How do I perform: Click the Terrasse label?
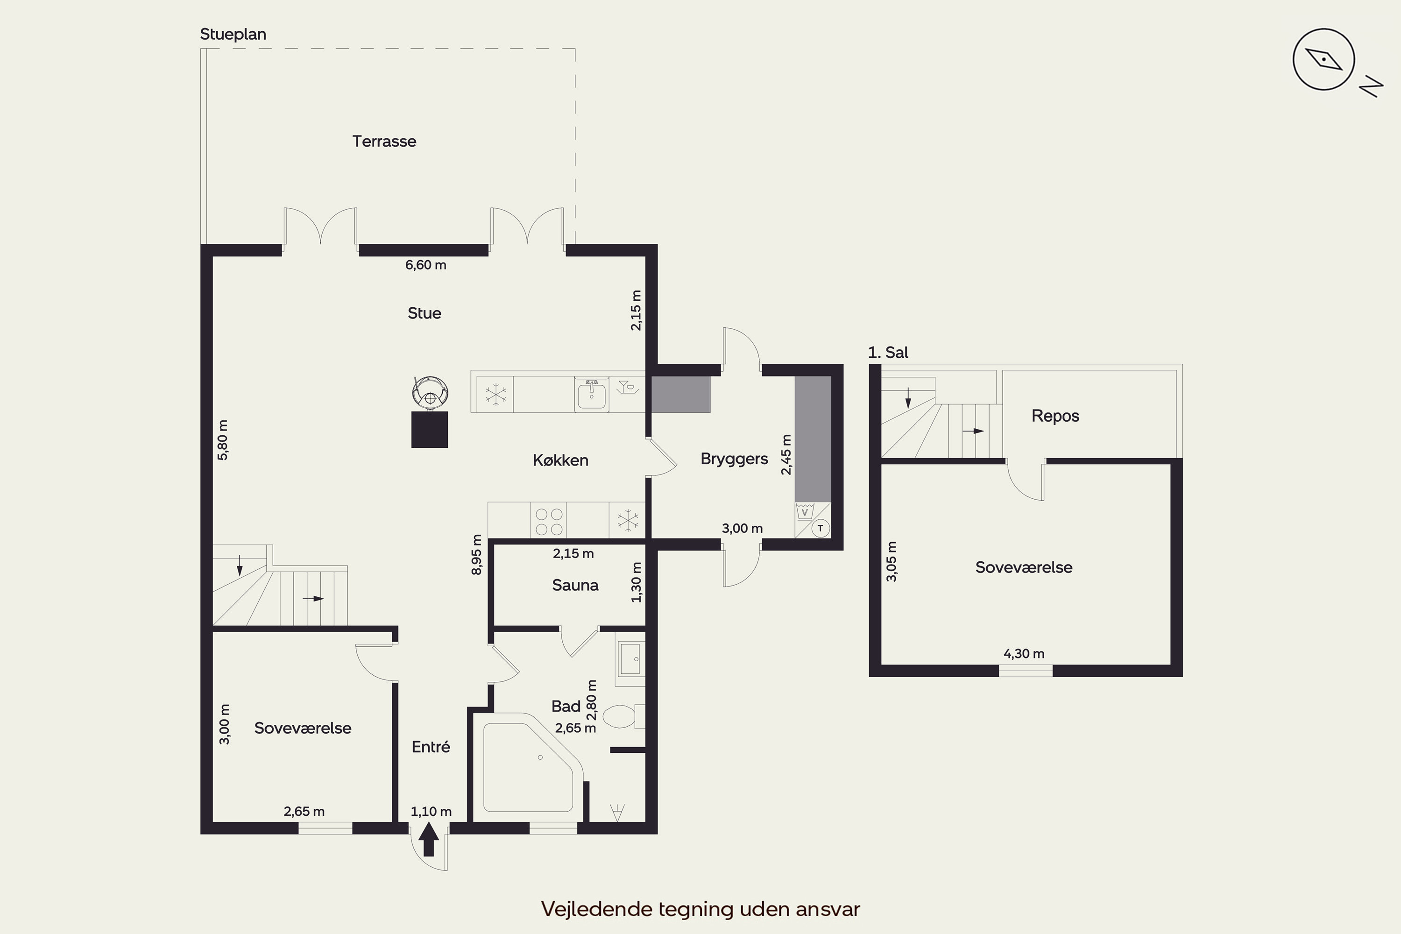pyautogui.click(x=384, y=141)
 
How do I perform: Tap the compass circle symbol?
pyautogui.click(x=1323, y=60)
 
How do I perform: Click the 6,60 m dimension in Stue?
pyautogui.click(x=426, y=265)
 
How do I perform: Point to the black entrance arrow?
pyautogui.click(x=429, y=839)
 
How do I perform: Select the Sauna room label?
pyautogui.click(x=575, y=585)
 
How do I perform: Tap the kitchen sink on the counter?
pyautogui.click(x=592, y=394)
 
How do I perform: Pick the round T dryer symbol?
pyautogui.click(x=820, y=528)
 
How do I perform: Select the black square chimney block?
pyautogui.click(x=430, y=430)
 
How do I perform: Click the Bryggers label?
pyautogui.click(x=734, y=459)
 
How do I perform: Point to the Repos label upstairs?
pyautogui.click(x=1055, y=416)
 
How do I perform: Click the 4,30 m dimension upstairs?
pyautogui.click(x=1024, y=653)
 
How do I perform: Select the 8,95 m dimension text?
pyautogui.click(x=476, y=555)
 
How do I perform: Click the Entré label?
pyautogui.click(x=431, y=747)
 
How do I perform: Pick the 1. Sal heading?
pyautogui.click(x=888, y=353)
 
